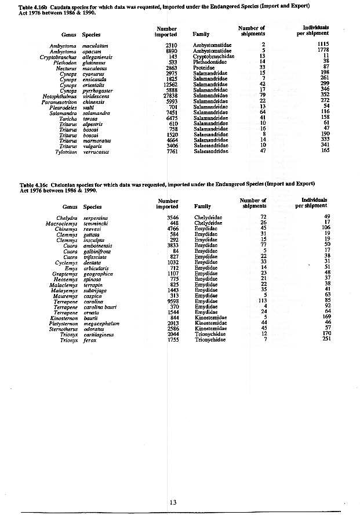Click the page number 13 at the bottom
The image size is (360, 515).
tap(173, 502)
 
